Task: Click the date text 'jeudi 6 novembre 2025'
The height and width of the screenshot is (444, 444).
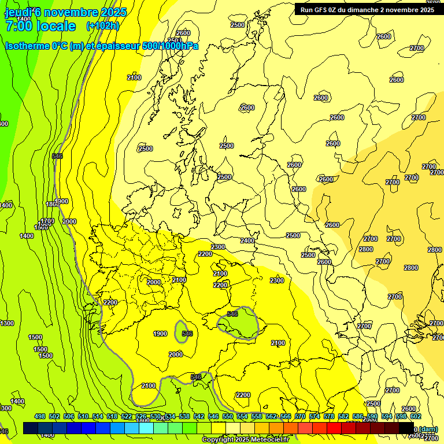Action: pyautogui.click(x=65, y=12)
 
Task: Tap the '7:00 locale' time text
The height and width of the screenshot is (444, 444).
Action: pyautogui.click(x=40, y=26)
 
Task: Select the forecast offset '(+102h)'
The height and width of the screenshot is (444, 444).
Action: pyautogui.click(x=103, y=26)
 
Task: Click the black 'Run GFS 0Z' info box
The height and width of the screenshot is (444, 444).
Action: pyautogui.click(x=367, y=9)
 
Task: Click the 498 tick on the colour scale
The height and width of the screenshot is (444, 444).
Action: pyautogui.click(x=40, y=416)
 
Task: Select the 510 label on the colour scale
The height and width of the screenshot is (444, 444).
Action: pyautogui.click(x=83, y=416)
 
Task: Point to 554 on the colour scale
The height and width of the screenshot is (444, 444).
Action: pyautogui.click(x=242, y=416)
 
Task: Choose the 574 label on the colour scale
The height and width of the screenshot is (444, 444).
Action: pyautogui.click(x=314, y=416)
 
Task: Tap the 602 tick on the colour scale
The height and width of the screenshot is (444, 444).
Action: pyautogui.click(x=416, y=416)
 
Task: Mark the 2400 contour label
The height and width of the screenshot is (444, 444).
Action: pyautogui.click(x=247, y=240)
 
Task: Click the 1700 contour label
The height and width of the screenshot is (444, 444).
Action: pyautogui.click(x=47, y=221)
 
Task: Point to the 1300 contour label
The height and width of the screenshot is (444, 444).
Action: pyautogui.click(x=7, y=323)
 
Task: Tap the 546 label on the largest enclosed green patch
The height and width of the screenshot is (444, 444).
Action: pyautogui.click(x=232, y=314)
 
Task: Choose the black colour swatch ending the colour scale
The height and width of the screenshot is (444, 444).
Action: pyautogui.click(x=406, y=428)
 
